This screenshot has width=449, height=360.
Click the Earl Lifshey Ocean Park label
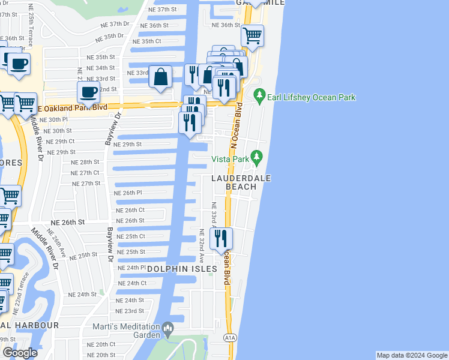[x=312, y=97]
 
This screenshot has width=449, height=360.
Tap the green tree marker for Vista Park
[x=257, y=157]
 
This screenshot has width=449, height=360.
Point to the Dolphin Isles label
[x=182, y=269]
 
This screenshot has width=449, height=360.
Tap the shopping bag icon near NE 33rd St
[x=161, y=77]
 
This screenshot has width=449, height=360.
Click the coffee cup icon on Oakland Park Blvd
[x=89, y=93]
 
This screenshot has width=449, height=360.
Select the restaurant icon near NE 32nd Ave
[x=221, y=239]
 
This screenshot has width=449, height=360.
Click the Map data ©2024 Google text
[x=412, y=355]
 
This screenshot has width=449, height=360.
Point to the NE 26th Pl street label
[x=128, y=193]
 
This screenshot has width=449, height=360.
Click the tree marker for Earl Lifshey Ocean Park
[x=259, y=95]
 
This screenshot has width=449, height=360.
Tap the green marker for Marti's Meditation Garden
[x=167, y=328]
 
